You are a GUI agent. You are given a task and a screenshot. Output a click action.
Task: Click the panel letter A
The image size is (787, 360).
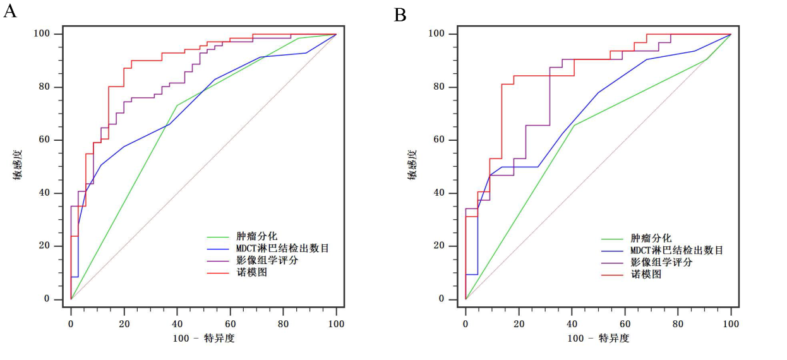10,11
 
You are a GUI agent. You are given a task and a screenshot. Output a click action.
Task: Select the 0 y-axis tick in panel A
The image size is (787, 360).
56,299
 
